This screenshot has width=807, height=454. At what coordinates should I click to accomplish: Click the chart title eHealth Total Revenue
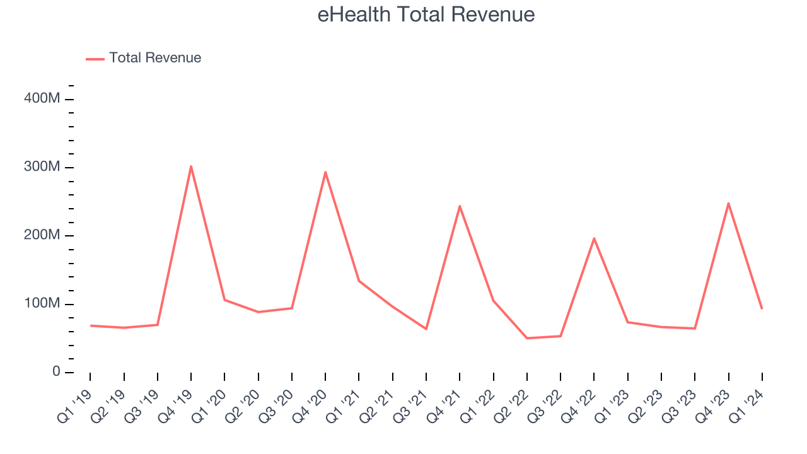[426, 15]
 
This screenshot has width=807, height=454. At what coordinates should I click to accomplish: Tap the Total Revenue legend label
[155, 58]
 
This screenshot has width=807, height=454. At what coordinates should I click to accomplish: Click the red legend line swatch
[95, 59]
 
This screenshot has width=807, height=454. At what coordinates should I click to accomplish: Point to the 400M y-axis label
[43, 99]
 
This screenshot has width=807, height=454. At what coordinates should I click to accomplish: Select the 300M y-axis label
[43, 167]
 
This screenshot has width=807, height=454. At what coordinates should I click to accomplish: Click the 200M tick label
[43, 235]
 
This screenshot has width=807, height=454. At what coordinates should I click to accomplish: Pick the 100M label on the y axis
[43, 304]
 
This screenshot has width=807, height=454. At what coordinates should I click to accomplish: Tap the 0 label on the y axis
[56, 372]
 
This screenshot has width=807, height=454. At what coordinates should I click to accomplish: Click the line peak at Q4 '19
[191, 166]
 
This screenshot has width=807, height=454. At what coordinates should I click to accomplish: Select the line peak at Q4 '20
[325, 172]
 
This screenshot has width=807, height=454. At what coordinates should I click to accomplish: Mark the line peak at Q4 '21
[460, 206]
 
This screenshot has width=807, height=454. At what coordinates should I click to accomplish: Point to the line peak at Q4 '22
[594, 238]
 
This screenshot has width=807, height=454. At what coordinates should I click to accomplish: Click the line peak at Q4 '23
[728, 203]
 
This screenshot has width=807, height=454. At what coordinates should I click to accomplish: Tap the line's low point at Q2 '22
[527, 338]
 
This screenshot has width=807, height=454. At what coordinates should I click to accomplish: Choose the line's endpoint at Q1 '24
[762, 308]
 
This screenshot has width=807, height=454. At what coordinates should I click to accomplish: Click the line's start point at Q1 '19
[90, 325]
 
